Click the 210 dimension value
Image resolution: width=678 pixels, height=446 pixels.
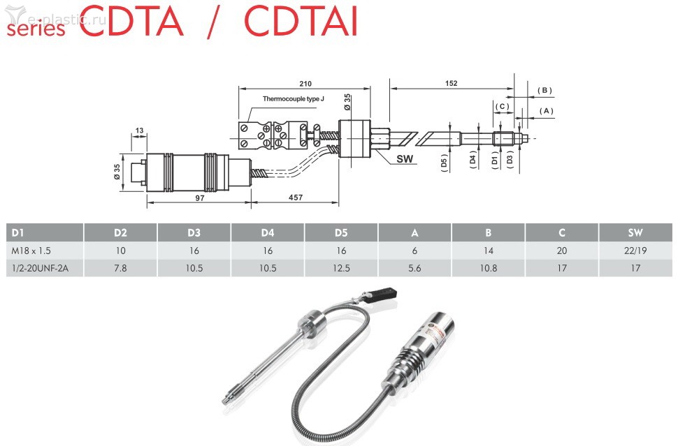coord(305,83)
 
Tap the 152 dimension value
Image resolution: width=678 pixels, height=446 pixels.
coord(451,83)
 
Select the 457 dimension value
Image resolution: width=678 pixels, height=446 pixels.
coord(296,198)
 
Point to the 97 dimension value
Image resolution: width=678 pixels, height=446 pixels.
coord(199,198)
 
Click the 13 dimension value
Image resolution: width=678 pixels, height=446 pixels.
coord(139,131)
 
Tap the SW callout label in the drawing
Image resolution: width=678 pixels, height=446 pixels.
coord(405,159)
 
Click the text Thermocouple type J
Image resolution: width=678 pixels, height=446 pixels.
coord(294,99)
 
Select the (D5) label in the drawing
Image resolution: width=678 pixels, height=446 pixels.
coord(444,165)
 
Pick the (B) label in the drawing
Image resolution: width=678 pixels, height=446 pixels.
coord(544,90)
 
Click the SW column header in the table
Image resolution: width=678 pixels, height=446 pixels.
coord(635,232)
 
